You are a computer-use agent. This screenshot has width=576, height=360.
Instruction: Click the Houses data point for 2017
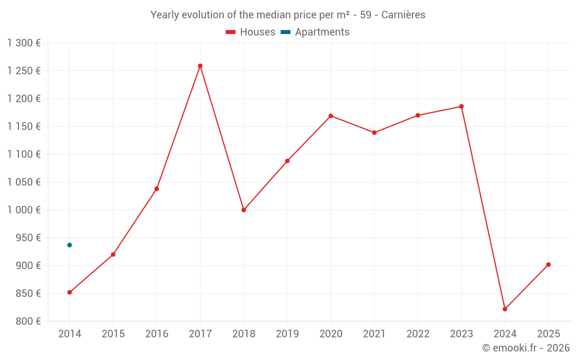pos(200,66)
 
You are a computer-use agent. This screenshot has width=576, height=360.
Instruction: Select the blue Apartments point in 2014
pos(70,245)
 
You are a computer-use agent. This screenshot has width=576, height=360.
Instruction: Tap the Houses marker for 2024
pos(505,309)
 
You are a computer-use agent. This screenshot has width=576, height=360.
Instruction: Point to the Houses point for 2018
pos(244,210)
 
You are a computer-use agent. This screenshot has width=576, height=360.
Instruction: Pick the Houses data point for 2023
pos(461,107)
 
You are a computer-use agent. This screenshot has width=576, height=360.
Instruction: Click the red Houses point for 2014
pos(70,292)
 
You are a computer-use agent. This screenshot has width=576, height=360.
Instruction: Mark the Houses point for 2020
pos(331,116)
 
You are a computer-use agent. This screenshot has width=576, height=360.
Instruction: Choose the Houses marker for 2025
pos(548,264)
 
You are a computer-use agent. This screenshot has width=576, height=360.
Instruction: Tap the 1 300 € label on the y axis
pos(24,43)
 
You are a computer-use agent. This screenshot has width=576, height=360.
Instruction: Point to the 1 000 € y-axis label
pos(24,210)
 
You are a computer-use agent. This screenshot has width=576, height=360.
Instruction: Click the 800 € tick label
pos(28,321)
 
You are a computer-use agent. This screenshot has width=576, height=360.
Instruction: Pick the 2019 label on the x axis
pos(287,334)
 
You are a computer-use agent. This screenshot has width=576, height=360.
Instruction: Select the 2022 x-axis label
pos(418,334)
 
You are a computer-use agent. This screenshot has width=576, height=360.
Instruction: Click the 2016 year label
pos(157,334)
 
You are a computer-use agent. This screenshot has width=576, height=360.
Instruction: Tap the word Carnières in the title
pos(403,15)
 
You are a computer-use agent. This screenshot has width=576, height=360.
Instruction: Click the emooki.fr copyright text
pos(525,348)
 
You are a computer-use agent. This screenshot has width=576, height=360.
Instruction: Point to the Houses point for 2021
pos(374,132)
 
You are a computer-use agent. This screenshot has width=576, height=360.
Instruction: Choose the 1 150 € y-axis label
pos(24,126)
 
